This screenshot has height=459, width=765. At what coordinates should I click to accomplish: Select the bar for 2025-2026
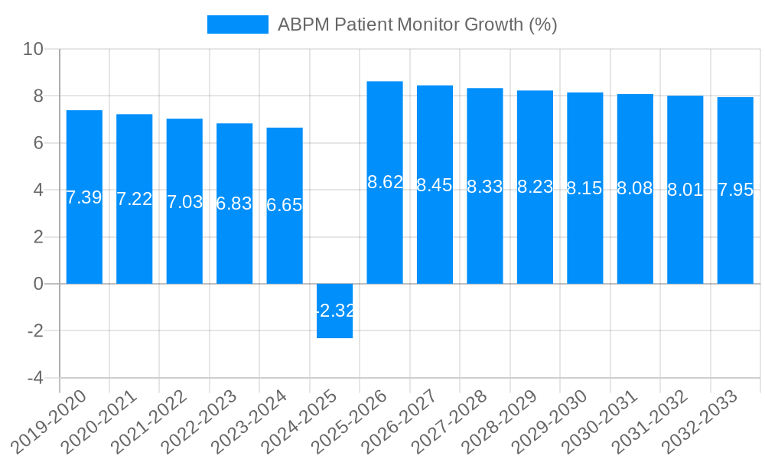click(x=385, y=229)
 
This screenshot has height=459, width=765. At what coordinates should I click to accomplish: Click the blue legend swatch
click(x=237, y=24)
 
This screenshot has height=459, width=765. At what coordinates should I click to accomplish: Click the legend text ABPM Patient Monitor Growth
click(x=417, y=24)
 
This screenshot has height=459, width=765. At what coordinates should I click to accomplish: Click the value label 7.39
click(x=84, y=197)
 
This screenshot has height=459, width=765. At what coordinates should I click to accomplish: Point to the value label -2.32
click(x=334, y=311)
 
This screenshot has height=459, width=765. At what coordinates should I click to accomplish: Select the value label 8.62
click(x=385, y=183)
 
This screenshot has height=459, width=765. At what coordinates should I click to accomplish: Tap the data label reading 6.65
click(x=285, y=205)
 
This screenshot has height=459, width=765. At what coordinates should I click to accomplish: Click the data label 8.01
click(x=685, y=190)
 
